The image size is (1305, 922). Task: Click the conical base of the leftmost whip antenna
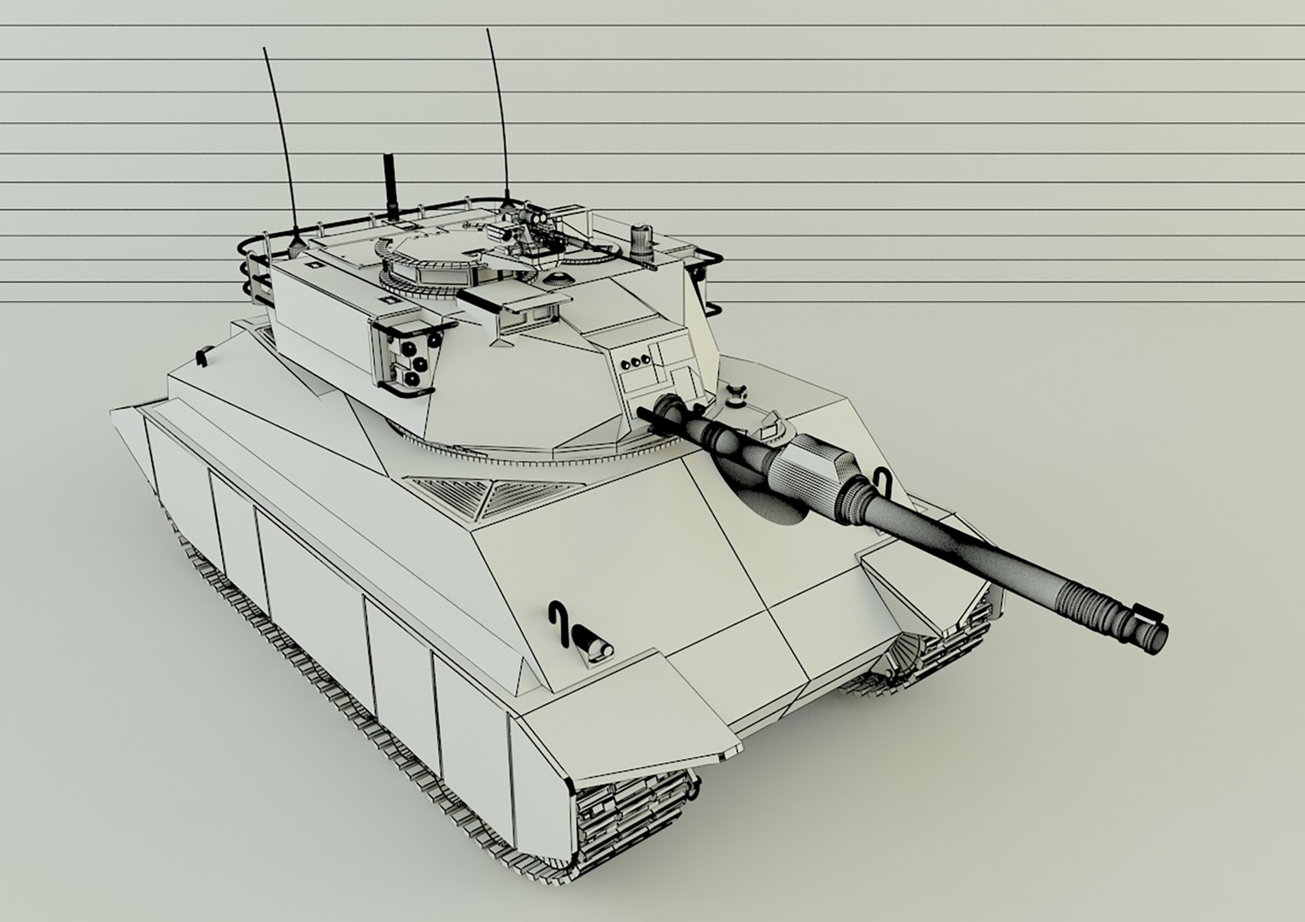(x=296, y=245)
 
